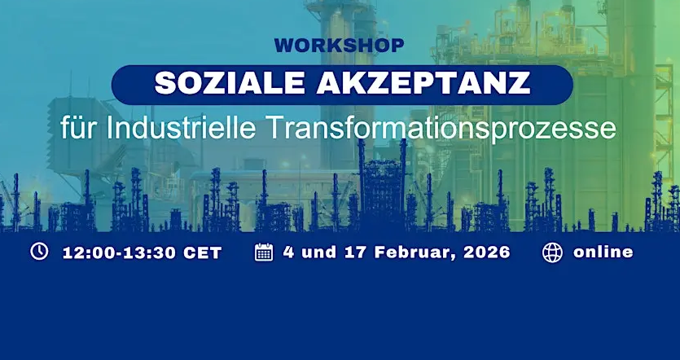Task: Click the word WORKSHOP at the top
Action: click(339, 46)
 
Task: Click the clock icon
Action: click(39, 252)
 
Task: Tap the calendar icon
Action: click(264, 252)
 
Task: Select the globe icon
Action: click(552, 252)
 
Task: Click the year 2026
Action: click(487, 252)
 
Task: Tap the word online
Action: click(603, 252)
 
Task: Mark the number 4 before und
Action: click(288, 252)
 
